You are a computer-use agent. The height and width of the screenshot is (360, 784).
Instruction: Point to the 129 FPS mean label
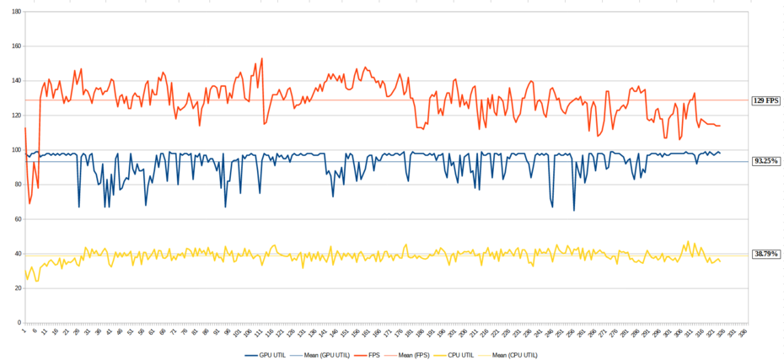click(765, 100)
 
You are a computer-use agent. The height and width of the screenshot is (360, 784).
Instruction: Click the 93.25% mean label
click(765, 161)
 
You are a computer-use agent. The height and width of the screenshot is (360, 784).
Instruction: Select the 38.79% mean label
click(765, 254)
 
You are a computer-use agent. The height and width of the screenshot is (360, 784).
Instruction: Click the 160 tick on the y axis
click(17, 46)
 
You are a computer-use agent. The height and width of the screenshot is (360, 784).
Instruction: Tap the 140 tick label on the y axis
click(17, 81)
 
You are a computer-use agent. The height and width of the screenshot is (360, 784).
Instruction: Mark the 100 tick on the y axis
click(17, 150)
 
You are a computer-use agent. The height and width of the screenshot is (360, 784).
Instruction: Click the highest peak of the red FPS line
click(262, 58)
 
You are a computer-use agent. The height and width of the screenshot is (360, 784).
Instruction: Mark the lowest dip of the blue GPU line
click(574, 210)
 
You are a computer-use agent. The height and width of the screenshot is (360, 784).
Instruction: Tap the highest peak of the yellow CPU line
click(688, 241)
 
